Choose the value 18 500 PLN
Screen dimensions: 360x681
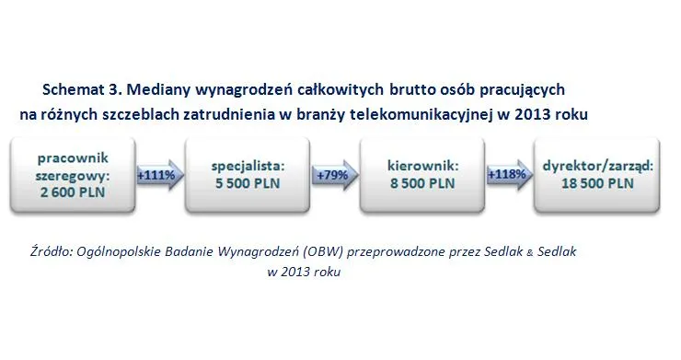(x=599, y=183)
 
